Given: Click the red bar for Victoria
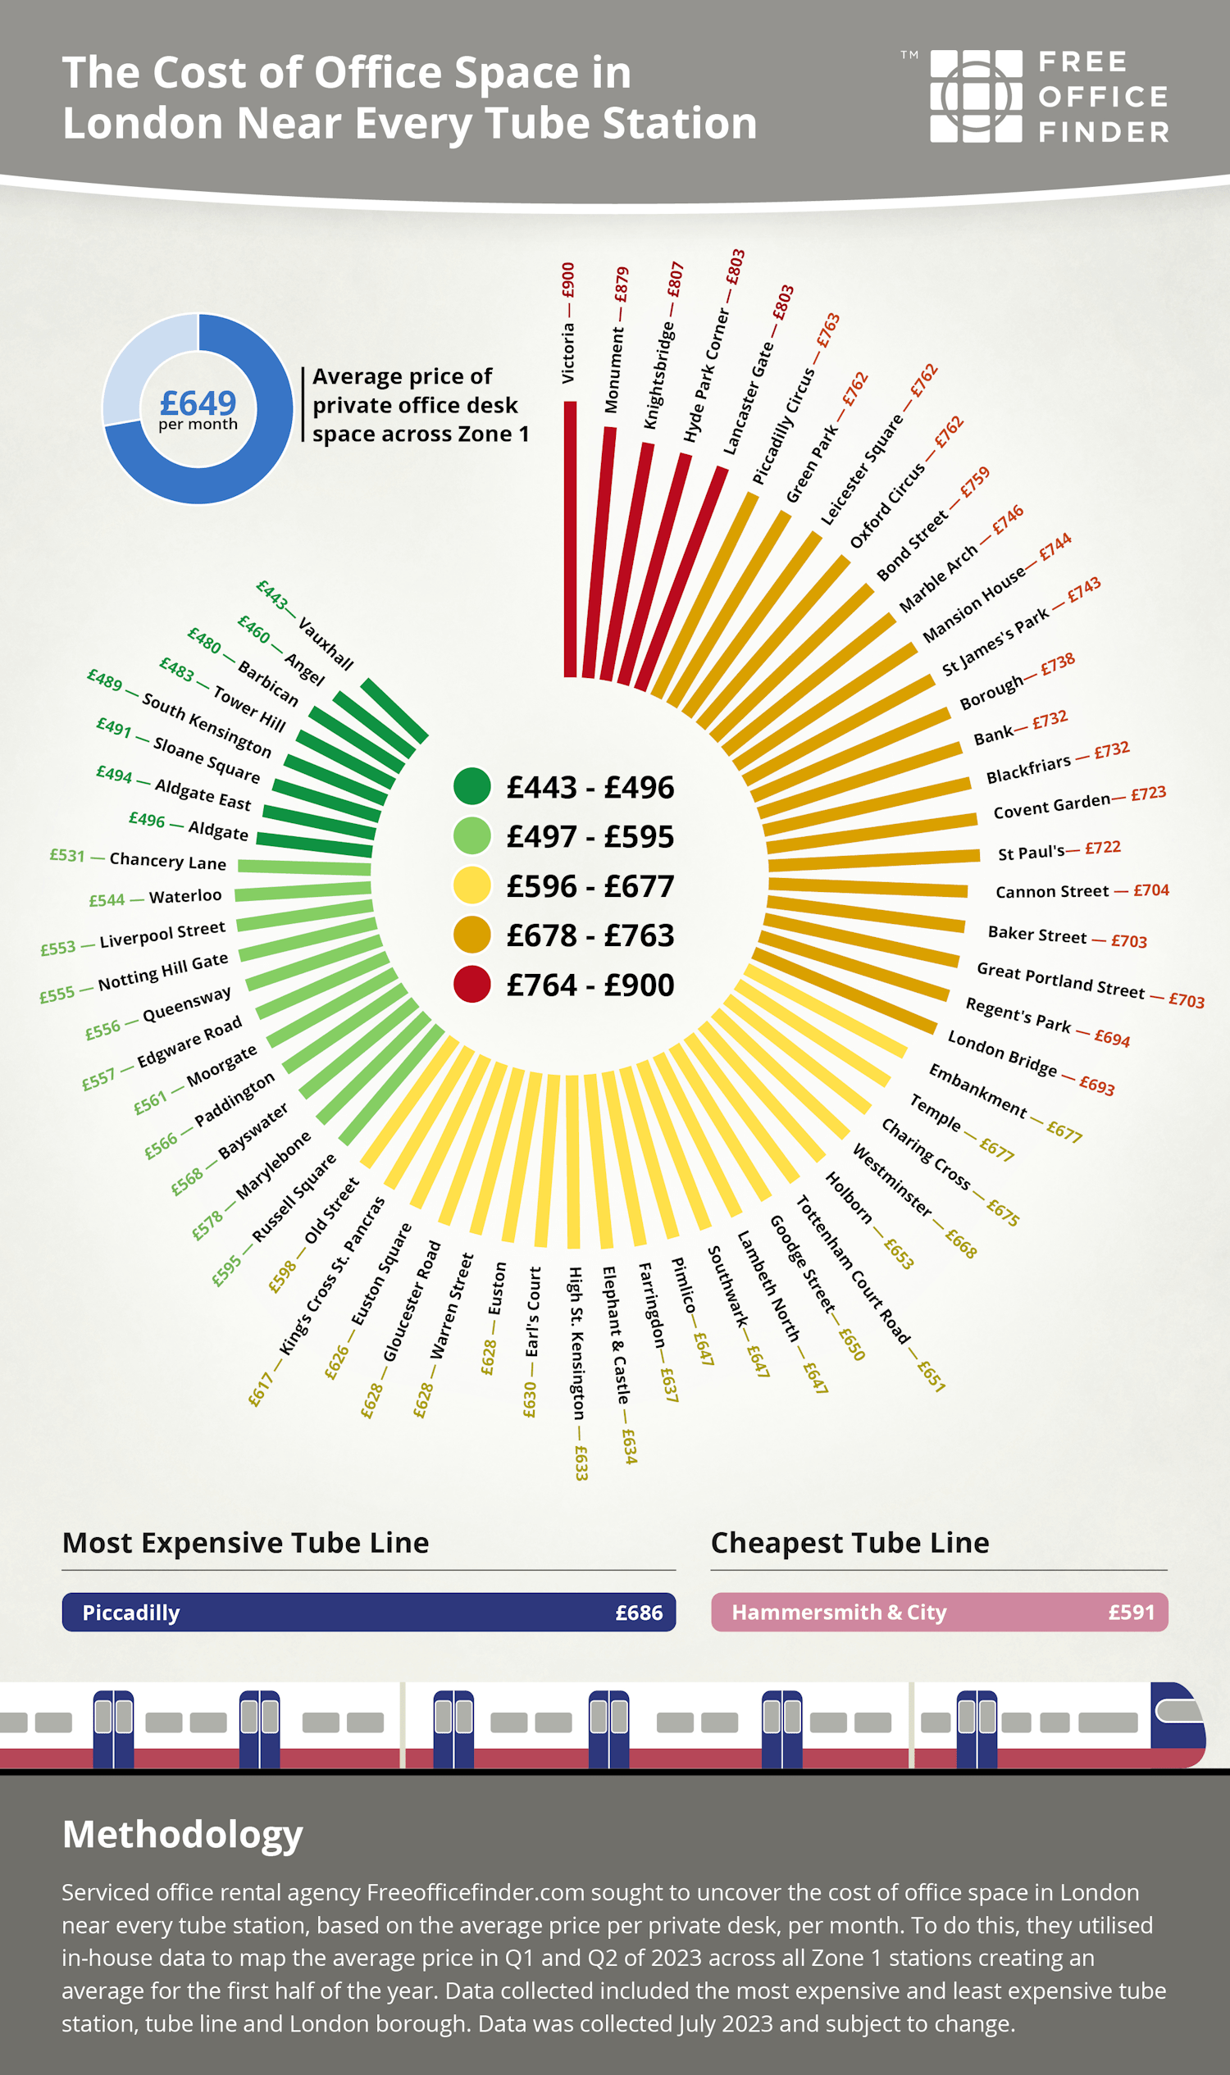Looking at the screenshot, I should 570,539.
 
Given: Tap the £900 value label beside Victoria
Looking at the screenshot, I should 567,280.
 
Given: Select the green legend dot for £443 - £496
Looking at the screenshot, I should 472,786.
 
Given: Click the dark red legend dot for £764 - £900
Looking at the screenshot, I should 472,985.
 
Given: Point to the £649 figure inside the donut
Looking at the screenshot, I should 198,403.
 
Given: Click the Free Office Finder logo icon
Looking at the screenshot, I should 976,96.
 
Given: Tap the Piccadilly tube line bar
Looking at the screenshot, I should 369,1612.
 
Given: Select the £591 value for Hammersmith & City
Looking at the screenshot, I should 1131,1612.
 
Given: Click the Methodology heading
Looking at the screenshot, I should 182,1834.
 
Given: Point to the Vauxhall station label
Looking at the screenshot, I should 326,643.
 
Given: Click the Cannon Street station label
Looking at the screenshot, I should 1052,892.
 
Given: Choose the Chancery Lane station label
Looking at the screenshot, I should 167,861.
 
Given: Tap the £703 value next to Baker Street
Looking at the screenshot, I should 1129,941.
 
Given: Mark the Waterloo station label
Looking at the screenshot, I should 185,896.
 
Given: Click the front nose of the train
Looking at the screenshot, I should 1181,1723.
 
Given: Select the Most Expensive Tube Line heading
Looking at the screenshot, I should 245,1543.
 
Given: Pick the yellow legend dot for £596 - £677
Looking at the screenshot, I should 472,885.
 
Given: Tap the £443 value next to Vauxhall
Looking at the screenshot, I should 272,594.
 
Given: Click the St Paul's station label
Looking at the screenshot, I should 1031,853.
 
